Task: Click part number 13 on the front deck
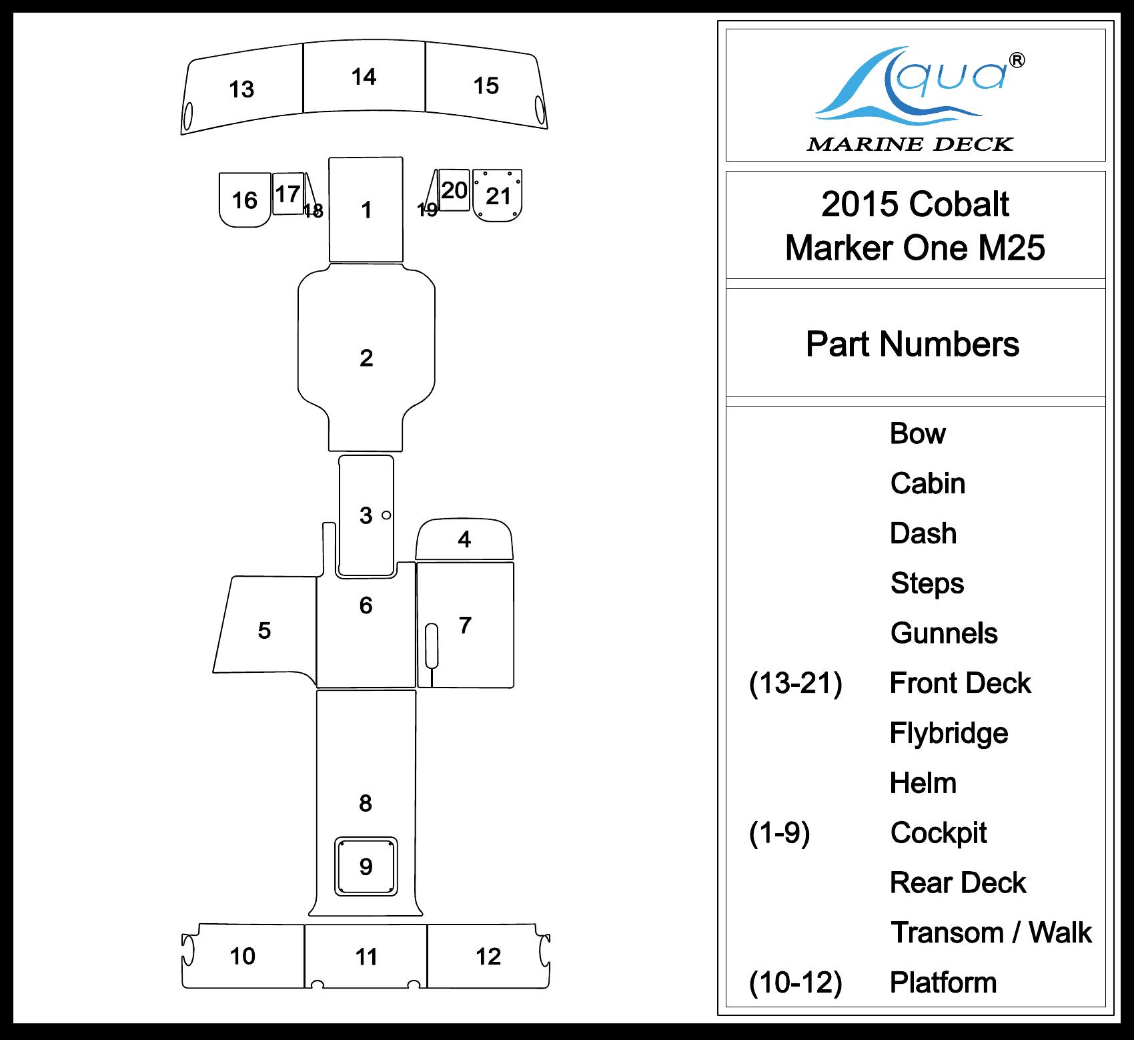[241, 89]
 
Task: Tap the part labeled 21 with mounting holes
[498, 196]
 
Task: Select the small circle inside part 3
[386, 515]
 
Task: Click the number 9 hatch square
[366, 866]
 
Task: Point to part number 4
[464, 539]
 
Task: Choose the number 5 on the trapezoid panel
[264, 631]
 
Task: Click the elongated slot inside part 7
[432, 645]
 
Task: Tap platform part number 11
[366, 957]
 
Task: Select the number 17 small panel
[288, 194]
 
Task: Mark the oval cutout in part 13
[188, 116]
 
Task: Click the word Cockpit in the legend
[939, 833]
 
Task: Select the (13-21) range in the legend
[795, 684]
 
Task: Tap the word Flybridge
[949, 733]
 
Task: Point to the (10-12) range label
[795, 983]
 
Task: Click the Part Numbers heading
[913, 344]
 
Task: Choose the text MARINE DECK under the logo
[910, 144]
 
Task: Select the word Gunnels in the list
[944, 633]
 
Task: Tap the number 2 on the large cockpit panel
[366, 358]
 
